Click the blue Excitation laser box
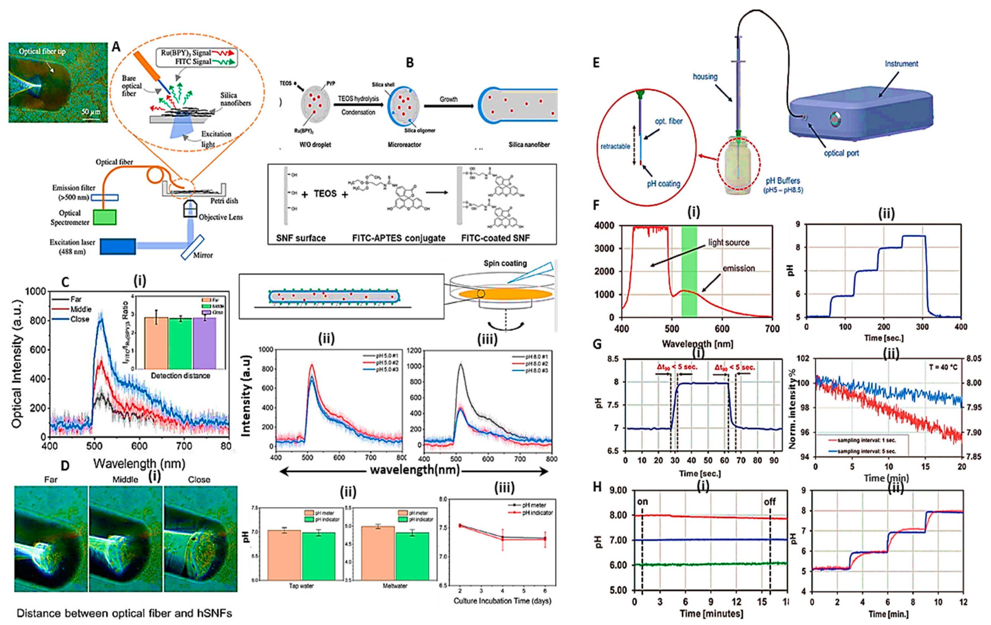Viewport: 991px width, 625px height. (x=118, y=246)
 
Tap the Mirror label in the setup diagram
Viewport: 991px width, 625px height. (x=203, y=255)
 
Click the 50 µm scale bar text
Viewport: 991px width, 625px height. (x=91, y=112)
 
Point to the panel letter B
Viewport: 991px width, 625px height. (x=410, y=63)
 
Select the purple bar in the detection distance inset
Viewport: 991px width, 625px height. (x=204, y=343)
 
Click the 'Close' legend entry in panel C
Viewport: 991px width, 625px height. (x=79, y=319)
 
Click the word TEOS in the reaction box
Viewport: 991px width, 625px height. (x=325, y=194)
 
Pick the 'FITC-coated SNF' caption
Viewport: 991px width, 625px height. (x=495, y=238)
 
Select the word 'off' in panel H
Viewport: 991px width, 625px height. (x=770, y=502)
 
